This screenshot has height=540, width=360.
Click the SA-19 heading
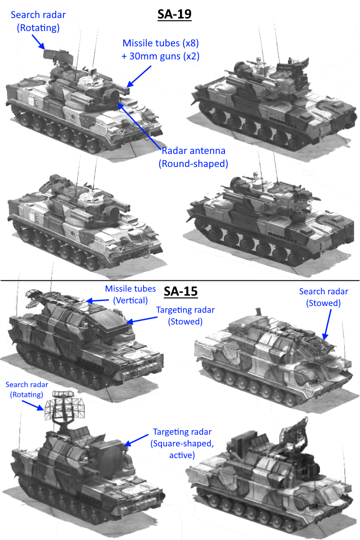[175, 14]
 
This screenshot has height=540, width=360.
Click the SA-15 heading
[180, 291]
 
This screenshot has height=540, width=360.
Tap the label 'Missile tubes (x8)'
[161, 43]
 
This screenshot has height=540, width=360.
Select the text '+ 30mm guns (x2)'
[161, 56]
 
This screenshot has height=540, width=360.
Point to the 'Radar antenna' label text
[193, 151]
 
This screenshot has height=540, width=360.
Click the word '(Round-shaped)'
[193, 164]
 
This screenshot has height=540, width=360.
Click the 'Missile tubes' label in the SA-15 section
[130, 288]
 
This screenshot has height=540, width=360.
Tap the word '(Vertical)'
[130, 301]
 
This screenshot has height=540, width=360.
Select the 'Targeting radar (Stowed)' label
[185, 315]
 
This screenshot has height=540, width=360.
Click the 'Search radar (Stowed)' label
[324, 297]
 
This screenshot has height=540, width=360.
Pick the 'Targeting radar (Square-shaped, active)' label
[182, 444]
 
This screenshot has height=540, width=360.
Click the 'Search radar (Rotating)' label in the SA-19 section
[38, 21]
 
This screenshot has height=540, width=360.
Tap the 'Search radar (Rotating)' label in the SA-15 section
[27, 390]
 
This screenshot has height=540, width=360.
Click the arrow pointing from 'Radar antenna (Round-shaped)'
[139, 126]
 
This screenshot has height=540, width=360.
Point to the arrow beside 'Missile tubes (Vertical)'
[97, 301]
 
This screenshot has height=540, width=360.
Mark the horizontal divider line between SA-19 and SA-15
[180, 281]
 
